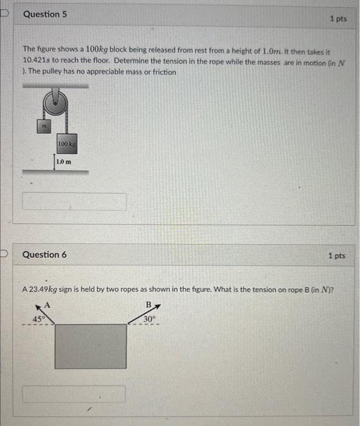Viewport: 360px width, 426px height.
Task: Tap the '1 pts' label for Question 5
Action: (x=338, y=19)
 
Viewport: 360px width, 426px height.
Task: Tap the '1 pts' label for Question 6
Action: (x=336, y=256)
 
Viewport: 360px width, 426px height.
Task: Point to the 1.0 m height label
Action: (x=63, y=162)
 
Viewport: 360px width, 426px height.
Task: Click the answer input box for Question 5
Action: (x=74, y=201)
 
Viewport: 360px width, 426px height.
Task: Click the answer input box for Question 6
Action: (x=74, y=394)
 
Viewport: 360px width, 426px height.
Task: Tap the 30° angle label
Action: (x=150, y=318)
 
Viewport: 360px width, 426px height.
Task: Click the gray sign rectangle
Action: (x=91, y=345)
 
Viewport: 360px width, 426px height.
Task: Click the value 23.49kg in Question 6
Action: (x=47, y=289)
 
